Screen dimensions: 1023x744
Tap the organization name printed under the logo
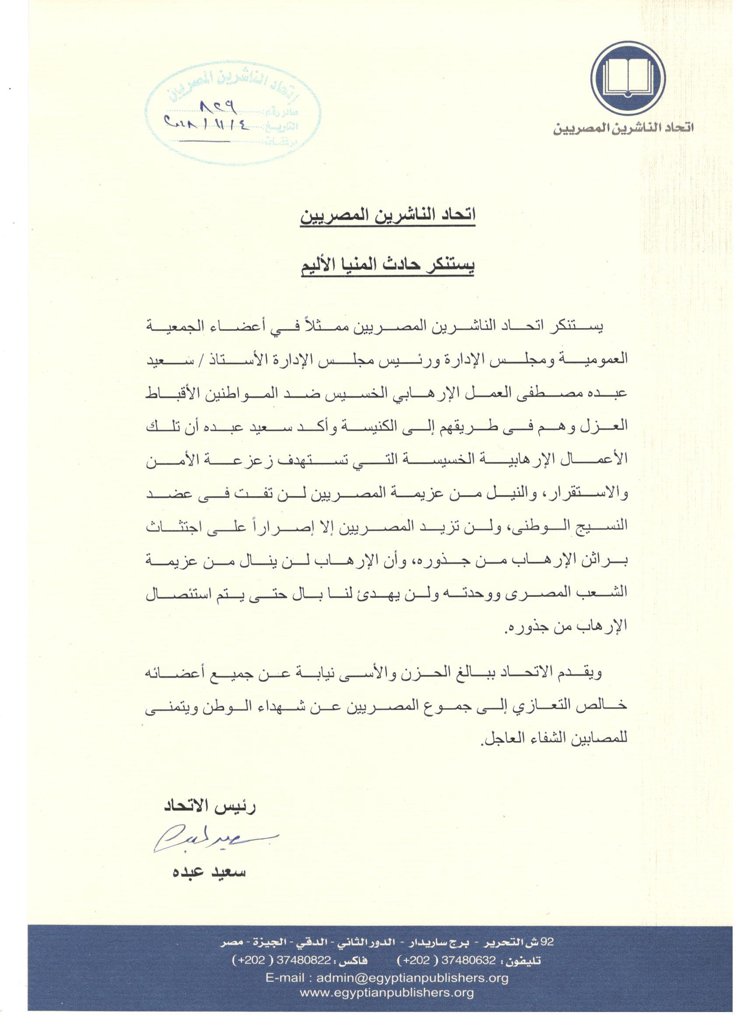click(624, 128)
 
